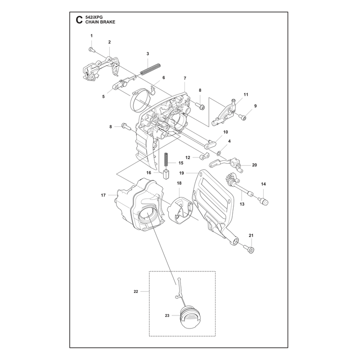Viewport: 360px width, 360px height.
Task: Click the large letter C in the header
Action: coord(79,20)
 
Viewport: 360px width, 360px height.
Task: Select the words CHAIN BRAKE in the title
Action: coord(100,22)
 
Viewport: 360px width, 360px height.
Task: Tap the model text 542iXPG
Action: coord(94,17)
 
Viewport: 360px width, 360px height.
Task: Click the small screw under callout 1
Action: coord(91,49)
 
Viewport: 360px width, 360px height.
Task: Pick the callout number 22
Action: coord(136,291)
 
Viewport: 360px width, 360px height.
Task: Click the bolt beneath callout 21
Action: coord(250,249)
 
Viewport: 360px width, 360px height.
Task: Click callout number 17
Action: coord(103,195)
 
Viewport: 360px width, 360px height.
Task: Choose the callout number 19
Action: coord(182,173)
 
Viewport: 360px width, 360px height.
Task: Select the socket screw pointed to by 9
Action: coord(243,117)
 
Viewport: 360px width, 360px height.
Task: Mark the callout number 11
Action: coord(246,94)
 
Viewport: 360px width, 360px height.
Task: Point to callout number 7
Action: coord(185,78)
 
